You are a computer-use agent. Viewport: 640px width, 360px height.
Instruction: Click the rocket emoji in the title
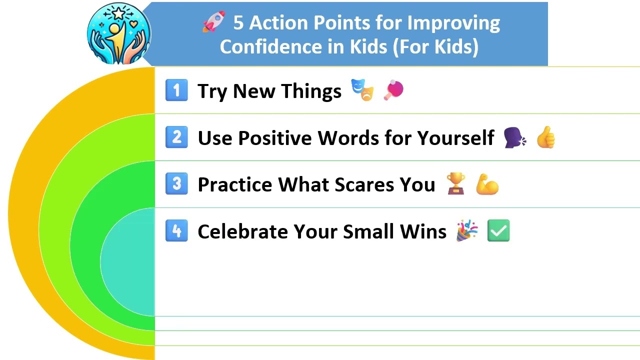pos(213,22)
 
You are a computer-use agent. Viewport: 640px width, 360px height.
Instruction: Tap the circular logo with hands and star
pos(118,33)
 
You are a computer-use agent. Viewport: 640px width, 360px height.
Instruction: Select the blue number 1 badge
pos(176,90)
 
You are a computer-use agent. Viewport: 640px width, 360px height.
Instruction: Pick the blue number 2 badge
pos(176,137)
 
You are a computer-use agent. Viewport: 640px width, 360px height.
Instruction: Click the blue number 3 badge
pos(176,184)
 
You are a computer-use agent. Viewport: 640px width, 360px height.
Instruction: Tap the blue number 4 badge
pos(176,231)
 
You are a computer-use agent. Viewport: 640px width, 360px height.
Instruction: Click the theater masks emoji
pos(362,90)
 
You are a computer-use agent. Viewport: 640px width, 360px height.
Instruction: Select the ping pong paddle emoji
pos(393,90)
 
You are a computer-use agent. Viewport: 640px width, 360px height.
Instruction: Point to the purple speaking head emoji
pos(515,137)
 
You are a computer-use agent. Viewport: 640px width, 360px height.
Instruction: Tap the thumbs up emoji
pos(545,137)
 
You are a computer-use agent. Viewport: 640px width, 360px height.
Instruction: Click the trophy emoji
pos(456,184)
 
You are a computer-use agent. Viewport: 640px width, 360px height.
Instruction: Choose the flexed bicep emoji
pos(487,184)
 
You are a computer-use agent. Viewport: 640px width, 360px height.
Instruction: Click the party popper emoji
pos(467,231)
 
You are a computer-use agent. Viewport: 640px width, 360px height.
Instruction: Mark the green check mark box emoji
pos(498,231)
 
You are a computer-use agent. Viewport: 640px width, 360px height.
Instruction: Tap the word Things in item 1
pos(311,91)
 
